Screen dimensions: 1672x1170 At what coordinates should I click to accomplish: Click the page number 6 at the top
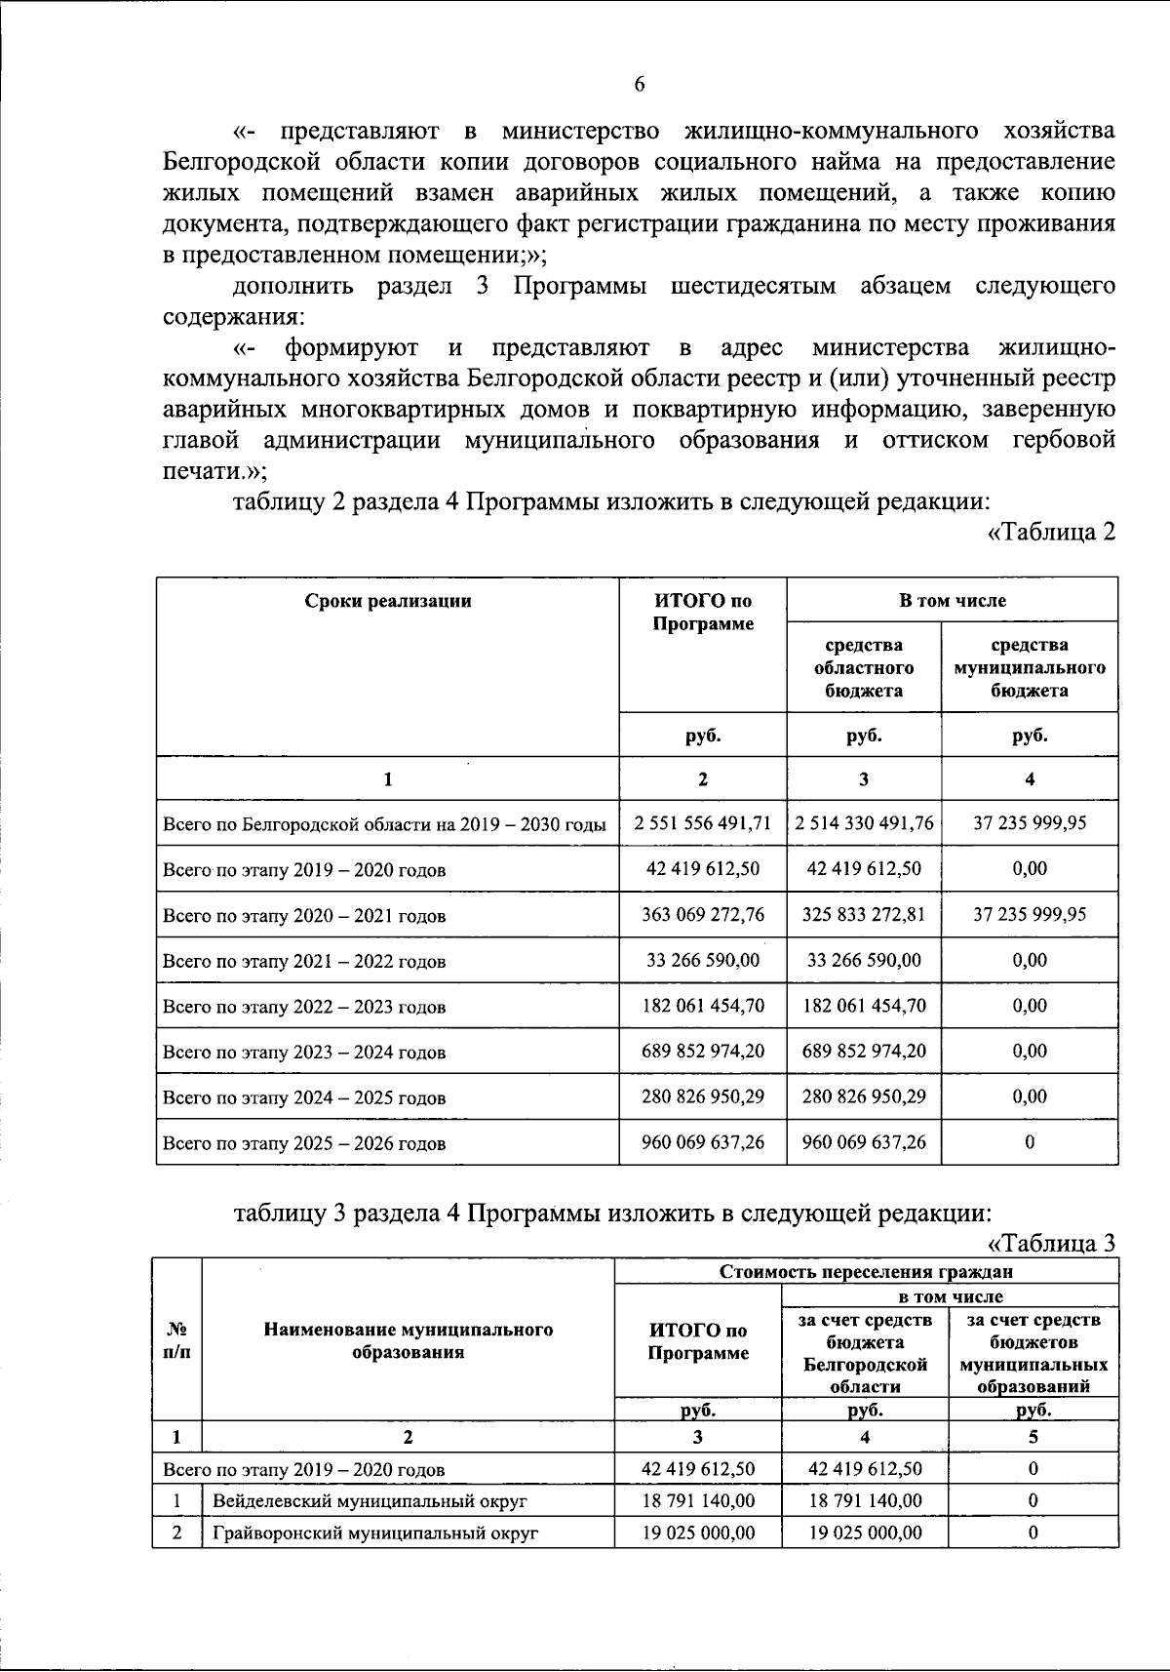640,84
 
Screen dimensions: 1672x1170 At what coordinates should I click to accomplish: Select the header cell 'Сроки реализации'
387,601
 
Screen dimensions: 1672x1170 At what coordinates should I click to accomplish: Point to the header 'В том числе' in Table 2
952,601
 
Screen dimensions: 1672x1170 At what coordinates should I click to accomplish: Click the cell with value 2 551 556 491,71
702,823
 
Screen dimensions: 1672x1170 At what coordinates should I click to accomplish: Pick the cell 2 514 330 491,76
864,823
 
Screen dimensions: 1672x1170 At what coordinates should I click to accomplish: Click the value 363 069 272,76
702,915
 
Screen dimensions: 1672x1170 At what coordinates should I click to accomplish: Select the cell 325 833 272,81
864,915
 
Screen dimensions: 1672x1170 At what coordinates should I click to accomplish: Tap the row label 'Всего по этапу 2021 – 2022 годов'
304,961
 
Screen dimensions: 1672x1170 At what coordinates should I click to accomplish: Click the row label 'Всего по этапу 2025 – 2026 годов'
304,1143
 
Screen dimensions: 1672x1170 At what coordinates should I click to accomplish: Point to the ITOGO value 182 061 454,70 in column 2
702,1006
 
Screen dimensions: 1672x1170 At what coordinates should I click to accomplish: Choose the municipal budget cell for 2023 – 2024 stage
1030,1052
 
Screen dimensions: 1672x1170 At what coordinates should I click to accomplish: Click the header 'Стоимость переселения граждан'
866,1271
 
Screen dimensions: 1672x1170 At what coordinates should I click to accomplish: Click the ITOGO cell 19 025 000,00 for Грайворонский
698,1533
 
